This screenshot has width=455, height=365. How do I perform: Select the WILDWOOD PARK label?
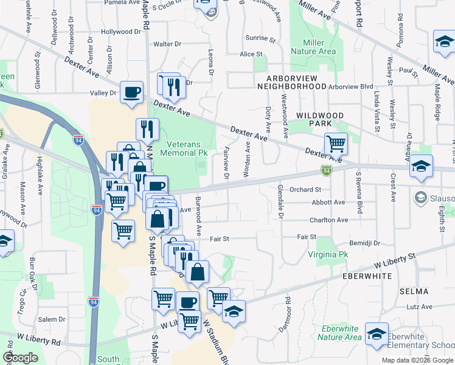319,119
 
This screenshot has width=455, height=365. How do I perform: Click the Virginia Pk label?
327,254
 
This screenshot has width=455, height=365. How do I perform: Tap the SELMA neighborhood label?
415,292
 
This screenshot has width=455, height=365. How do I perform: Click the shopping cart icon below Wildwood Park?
335,144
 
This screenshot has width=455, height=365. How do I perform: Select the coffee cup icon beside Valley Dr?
132,92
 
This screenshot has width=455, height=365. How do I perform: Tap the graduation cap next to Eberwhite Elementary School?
377,333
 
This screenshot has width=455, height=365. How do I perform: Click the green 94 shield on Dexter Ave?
327,172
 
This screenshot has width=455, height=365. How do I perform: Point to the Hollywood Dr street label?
120,32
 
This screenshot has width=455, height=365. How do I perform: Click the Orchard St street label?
305,190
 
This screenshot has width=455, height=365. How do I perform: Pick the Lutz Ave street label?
419,307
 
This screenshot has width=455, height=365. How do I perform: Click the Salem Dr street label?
51,319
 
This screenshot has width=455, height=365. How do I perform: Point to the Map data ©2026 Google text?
417,360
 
